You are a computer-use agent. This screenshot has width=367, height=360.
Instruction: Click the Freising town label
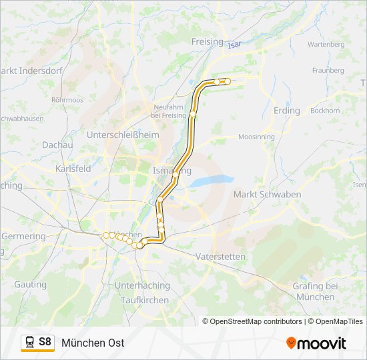(x=207, y=41)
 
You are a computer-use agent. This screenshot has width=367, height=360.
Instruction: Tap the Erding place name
(x=287, y=111)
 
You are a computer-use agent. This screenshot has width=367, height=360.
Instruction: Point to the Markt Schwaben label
(x=267, y=194)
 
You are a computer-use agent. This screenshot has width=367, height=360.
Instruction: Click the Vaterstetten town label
(x=221, y=257)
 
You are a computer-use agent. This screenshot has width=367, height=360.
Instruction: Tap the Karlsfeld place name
(x=73, y=169)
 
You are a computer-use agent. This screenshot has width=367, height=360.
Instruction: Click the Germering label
(x=23, y=237)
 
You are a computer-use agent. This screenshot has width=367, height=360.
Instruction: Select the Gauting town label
(x=31, y=285)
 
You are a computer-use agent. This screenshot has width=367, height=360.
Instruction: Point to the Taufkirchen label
(x=145, y=300)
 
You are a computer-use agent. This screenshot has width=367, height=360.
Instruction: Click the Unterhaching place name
(x=142, y=285)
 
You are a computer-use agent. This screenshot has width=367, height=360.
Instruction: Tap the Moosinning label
(x=256, y=137)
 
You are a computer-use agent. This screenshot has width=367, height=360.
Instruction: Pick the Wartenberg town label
(x=326, y=44)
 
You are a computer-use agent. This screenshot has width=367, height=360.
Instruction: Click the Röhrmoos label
(x=67, y=99)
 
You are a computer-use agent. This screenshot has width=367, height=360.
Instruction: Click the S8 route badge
(x=37, y=343)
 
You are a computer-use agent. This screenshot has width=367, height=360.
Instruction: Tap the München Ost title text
(x=93, y=343)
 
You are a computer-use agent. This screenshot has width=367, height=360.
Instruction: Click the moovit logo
(x=316, y=343)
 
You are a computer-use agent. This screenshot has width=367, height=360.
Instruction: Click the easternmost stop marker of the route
(x=228, y=81)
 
